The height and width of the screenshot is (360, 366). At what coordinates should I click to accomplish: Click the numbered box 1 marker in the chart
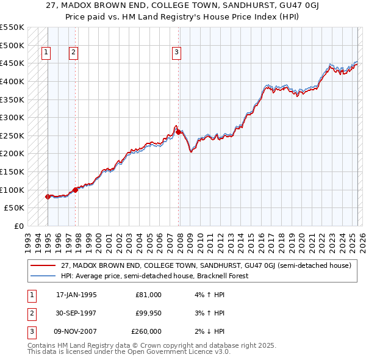[x=46, y=52]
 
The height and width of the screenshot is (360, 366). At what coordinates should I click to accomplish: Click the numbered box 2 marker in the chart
[x=73, y=52]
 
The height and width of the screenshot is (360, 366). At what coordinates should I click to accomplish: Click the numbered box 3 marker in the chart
[x=176, y=52]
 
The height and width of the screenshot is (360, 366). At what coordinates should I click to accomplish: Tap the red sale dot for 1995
[x=48, y=196]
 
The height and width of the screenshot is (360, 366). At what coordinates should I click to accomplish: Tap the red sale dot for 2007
[x=178, y=132]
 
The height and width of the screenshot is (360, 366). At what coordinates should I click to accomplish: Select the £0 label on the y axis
[x=18, y=226]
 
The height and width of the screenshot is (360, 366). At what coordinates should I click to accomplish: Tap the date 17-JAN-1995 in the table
[x=76, y=295]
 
